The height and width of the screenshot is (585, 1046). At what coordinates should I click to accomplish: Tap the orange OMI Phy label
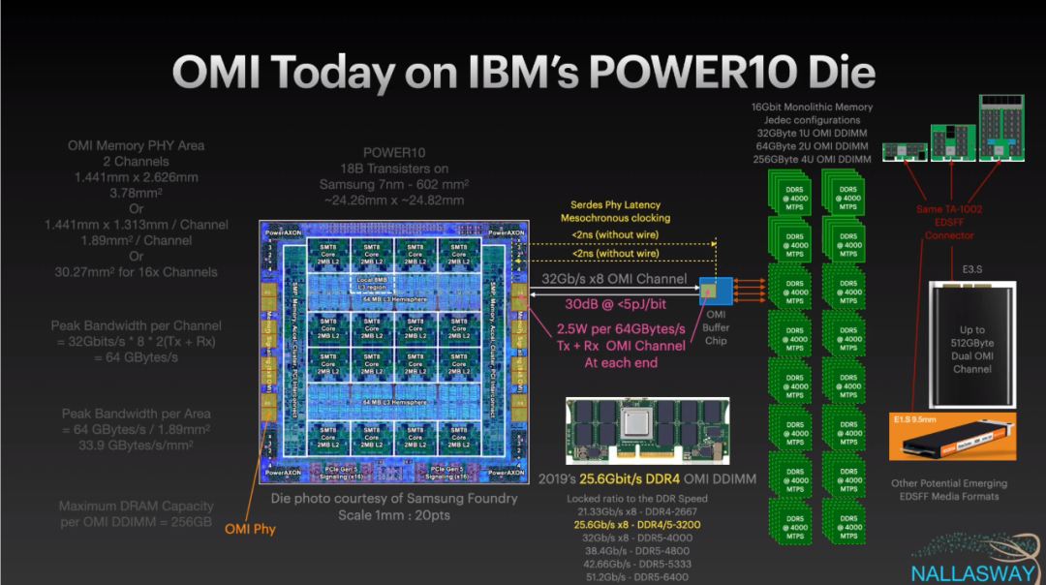pos(250,529)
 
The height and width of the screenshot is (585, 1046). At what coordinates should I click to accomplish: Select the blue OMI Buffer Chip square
pos(711,288)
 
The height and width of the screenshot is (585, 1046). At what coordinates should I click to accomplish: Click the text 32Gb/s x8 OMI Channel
pos(615,279)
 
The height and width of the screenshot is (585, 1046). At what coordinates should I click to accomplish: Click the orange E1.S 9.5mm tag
pos(920,420)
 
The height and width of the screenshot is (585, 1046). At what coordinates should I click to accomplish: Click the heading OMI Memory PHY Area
pos(136,145)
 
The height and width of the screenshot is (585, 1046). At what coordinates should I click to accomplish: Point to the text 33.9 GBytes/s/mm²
pos(136,446)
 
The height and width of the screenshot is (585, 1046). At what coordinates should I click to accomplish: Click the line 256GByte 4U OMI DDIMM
pos(814,159)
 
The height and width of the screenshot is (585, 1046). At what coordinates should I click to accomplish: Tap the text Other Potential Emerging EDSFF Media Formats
pos(948,490)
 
